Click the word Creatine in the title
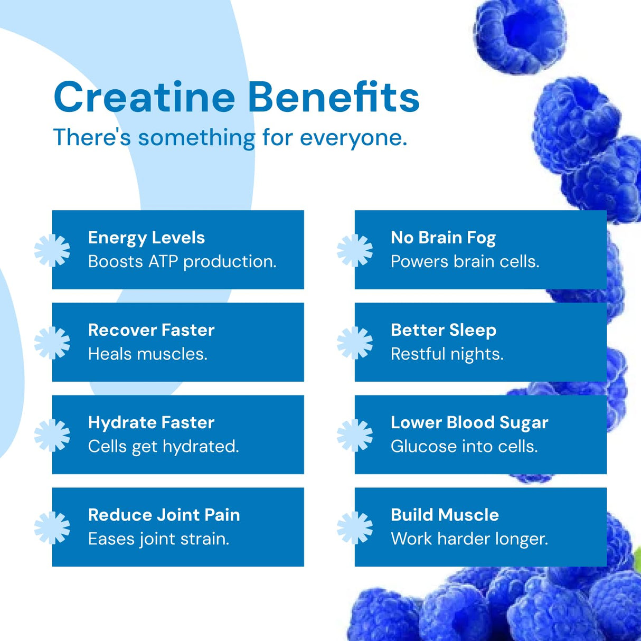point(144,98)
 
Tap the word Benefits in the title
point(333,98)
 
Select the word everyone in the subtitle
point(353,138)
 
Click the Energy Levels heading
point(146,238)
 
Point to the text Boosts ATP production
point(182,261)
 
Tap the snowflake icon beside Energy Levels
point(52,250)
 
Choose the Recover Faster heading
point(151,330)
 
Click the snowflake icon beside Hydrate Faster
point(52,435)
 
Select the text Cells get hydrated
point(163,447)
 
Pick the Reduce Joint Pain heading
point(164,515)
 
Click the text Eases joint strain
point(158,539)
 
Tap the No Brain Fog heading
point(443,238)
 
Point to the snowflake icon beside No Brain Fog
point(354,250)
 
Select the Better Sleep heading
point(444,330)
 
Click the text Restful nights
point(447,354)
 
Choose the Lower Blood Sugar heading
point(469,422)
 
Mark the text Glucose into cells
point(464,447)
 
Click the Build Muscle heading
point(445,515)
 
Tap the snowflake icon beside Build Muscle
point(354,527)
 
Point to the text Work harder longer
point(469,539)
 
